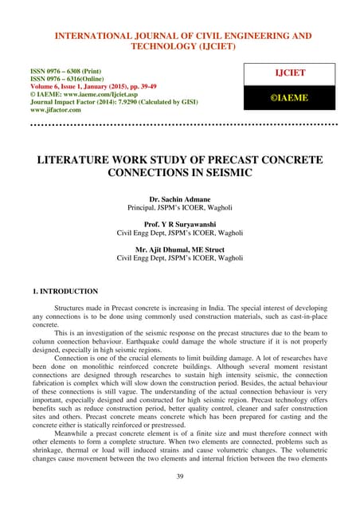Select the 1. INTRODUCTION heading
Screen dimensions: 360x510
click(53, 292)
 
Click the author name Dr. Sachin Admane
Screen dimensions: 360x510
click(180, 198)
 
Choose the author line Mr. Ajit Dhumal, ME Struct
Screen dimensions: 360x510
click(180, 250)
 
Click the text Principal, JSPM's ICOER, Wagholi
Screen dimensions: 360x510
click(180, 206)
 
